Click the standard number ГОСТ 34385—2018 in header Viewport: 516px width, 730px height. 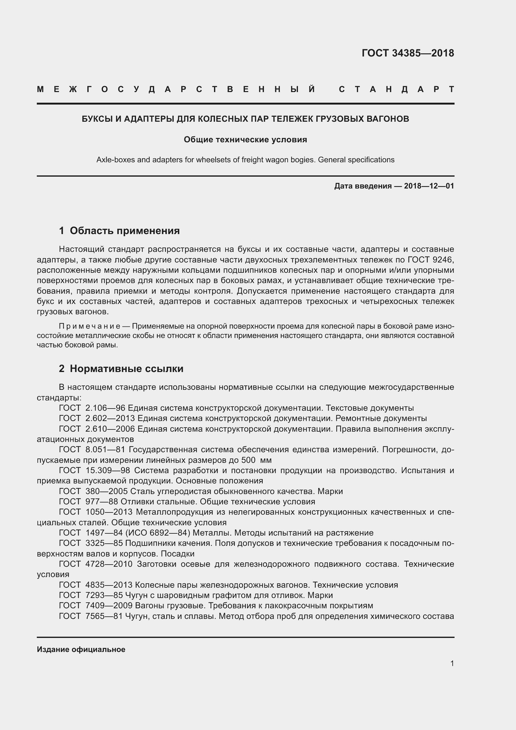point(408,53)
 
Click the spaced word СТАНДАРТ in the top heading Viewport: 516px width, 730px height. point(396,89)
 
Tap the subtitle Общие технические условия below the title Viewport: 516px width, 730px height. point(245,140)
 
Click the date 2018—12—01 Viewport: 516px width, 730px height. point(429,186)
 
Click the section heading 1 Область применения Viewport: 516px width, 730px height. point(119,231)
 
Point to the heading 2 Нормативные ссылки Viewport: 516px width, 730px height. point(121,369)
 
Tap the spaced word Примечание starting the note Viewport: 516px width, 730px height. point(89,326)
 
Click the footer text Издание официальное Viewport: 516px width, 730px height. point(81,649)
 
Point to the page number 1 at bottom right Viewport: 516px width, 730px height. point(452,663)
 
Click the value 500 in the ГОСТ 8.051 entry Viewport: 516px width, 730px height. point(248,460)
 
